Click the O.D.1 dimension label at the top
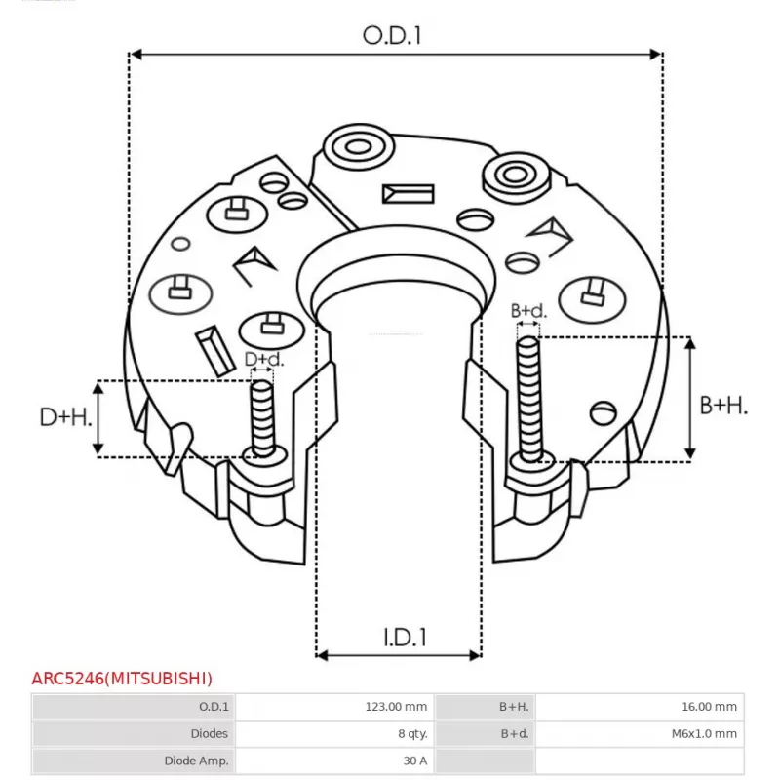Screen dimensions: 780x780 coord(392,36)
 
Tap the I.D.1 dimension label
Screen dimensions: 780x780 coord(405,638)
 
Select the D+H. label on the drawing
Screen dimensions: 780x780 coord(65,417)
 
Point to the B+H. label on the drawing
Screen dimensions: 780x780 coord(723,406)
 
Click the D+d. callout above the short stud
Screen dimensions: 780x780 coord(264,359)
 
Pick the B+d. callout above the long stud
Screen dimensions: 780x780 coord(528,311)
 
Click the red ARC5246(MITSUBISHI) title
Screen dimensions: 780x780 coord(122,679)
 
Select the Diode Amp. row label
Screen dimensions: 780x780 coord(197,760)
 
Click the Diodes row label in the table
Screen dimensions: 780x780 coord(210,734)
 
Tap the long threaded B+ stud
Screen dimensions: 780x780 coord(528,400)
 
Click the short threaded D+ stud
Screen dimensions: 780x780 coord(262,419)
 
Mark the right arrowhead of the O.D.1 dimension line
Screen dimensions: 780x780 coord(655,55)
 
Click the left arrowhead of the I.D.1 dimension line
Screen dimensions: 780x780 coord(323,655)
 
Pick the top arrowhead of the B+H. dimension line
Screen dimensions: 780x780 coord(690,343)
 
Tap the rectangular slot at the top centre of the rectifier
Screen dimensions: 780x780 coord(408,194)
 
